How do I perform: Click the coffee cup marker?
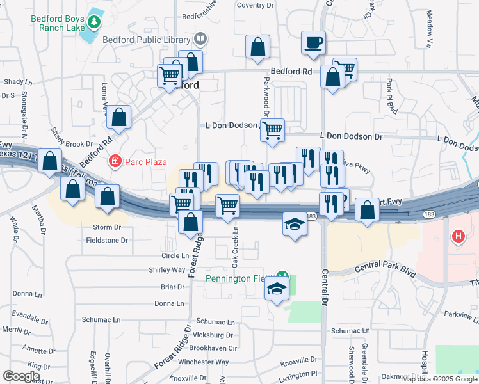pos(313,43)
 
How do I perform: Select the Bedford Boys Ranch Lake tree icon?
pos(95,23)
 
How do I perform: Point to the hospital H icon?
pos(458,237)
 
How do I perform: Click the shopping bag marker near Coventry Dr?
pos(257,47)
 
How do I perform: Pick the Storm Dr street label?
pos(107,227)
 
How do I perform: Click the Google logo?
pos(21,376)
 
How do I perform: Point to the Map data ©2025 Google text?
pos(440,379)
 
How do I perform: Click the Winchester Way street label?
pos(204,362)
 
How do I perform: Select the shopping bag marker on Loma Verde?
pos(119,117)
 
